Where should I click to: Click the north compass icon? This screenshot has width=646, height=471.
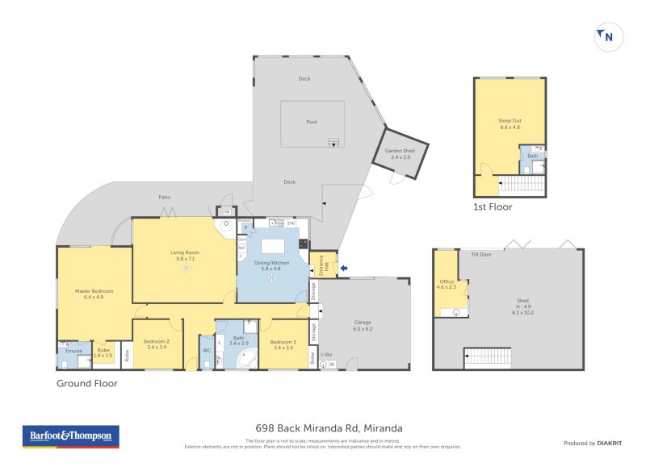coord(605,36)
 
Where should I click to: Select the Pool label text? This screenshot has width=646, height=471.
coord(312,122)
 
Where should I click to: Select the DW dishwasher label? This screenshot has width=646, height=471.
coord(292,223)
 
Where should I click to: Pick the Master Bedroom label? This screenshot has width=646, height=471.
coord(94,294)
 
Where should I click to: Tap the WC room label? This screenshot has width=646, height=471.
coord(207,350)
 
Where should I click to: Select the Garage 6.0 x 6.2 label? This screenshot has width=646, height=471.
coord(363,325)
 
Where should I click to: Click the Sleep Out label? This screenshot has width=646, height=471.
coord(510,123)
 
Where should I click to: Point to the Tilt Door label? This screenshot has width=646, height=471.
coord(481,254)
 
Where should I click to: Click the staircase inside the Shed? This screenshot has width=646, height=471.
coord(487,358)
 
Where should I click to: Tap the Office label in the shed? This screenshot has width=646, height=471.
coord(447,283)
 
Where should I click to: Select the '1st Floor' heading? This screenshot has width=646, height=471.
coord(493,206)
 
